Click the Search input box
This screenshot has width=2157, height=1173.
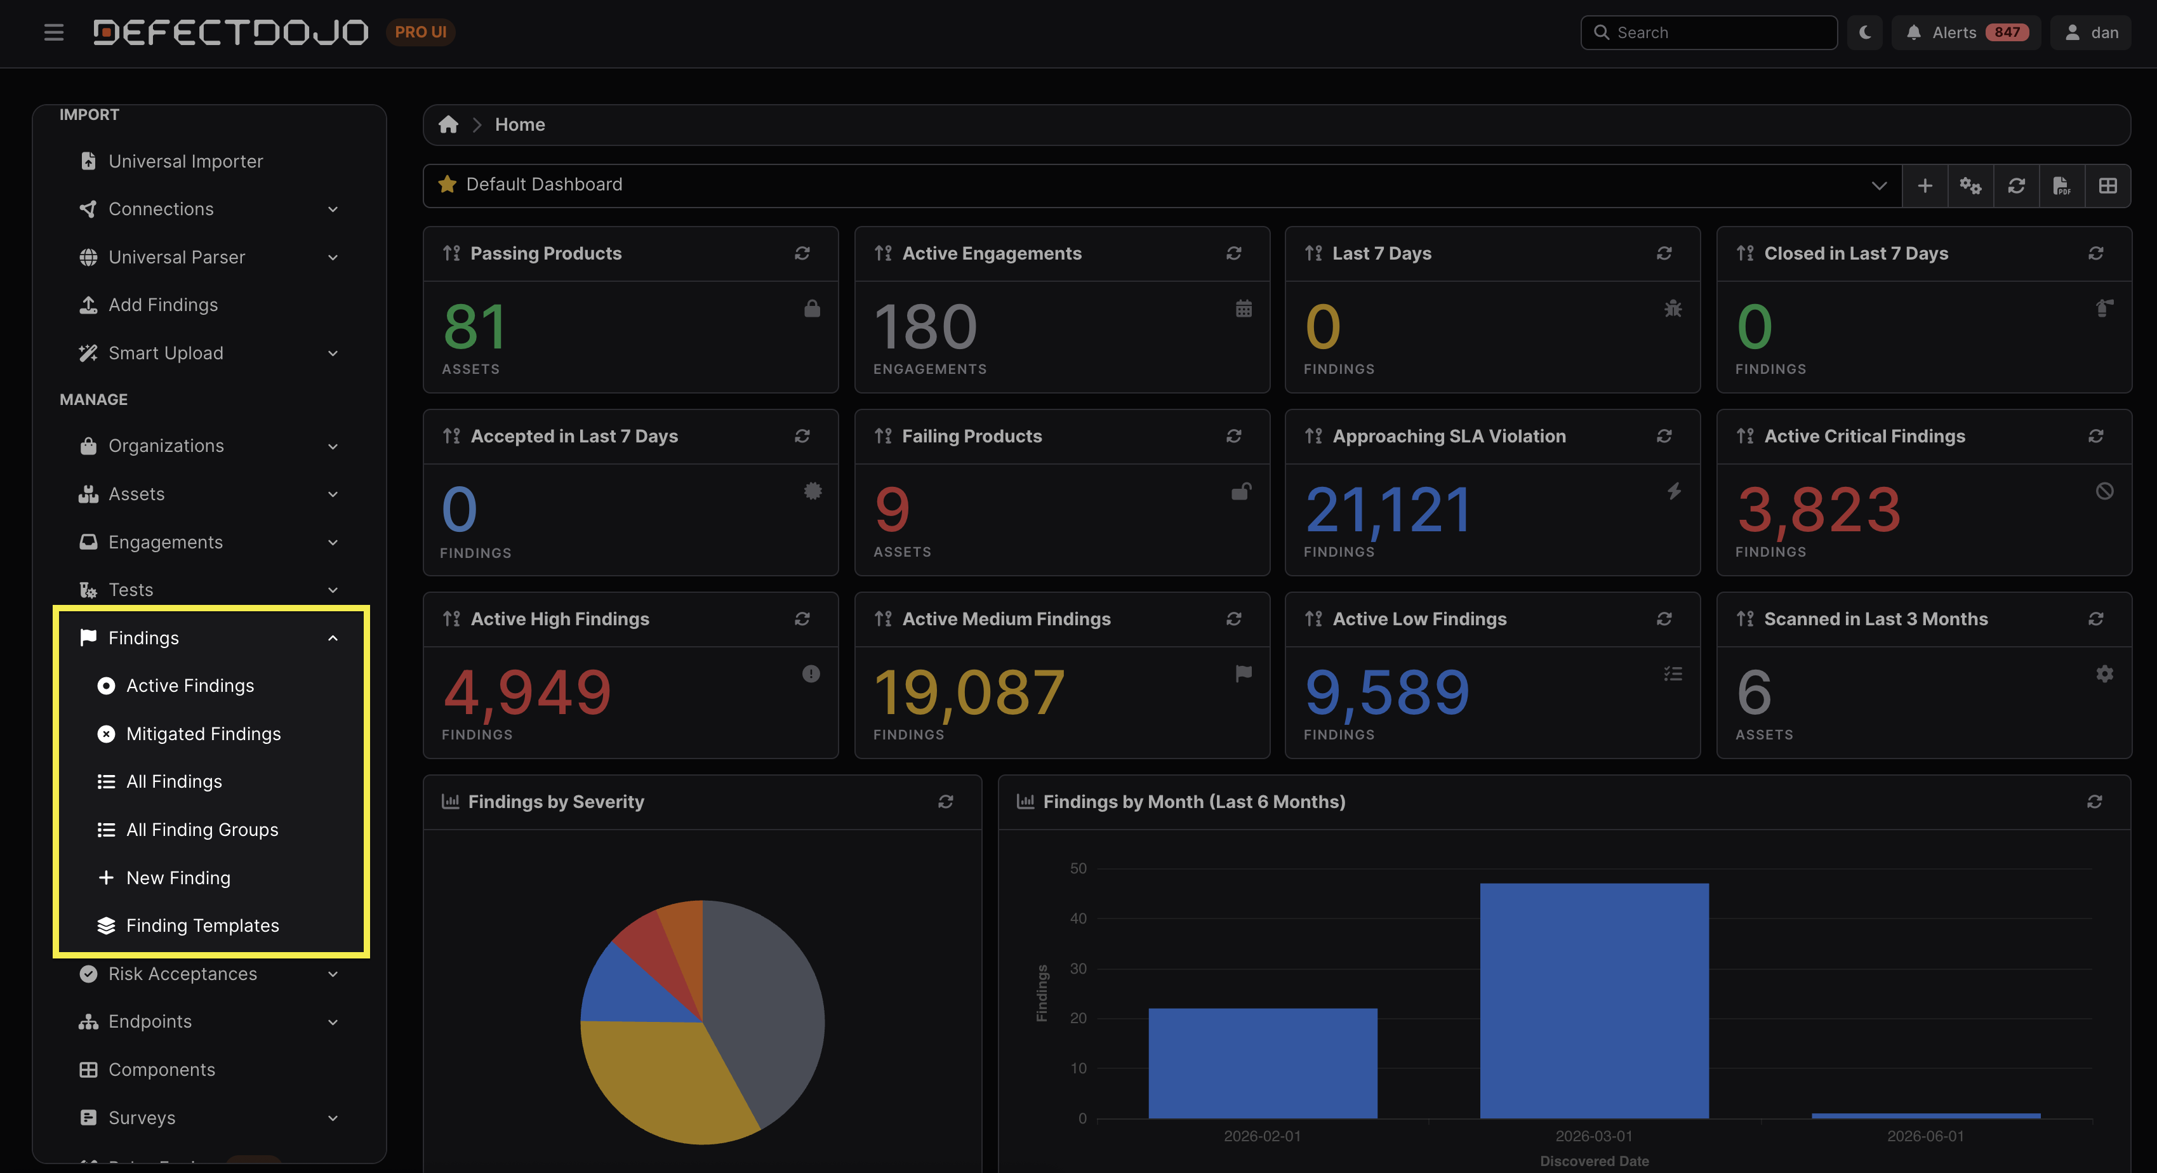click(x=1708, y=32)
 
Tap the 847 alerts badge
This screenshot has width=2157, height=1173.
click(x=2007, y=32)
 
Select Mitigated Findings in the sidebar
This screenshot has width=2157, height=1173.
click(x=204, y=733)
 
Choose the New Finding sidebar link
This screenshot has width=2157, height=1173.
click(x=178, y=877)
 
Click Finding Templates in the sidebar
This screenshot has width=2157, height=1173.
click(x=202, y=925)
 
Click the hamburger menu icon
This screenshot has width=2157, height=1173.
click(x=53, y=32)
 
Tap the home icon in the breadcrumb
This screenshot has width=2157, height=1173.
click(x=448, y=125)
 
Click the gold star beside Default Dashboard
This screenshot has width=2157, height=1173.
click(x=447, y=184)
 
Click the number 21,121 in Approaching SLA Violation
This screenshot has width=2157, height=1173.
click(x=1388, y=510)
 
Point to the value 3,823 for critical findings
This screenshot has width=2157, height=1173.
click(x=1819, y=510)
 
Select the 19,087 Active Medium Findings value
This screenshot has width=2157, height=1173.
click(x=969, y=693)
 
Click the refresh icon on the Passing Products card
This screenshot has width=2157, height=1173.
click(x=802, y=253)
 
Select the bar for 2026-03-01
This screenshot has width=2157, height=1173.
click(x=1595, y=1000)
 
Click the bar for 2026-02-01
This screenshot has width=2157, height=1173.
click(x=1263, y=1063)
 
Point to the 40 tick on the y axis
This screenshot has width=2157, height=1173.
click(x=1078, y=918)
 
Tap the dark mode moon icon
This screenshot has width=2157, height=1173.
click(x=1865, y=32)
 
